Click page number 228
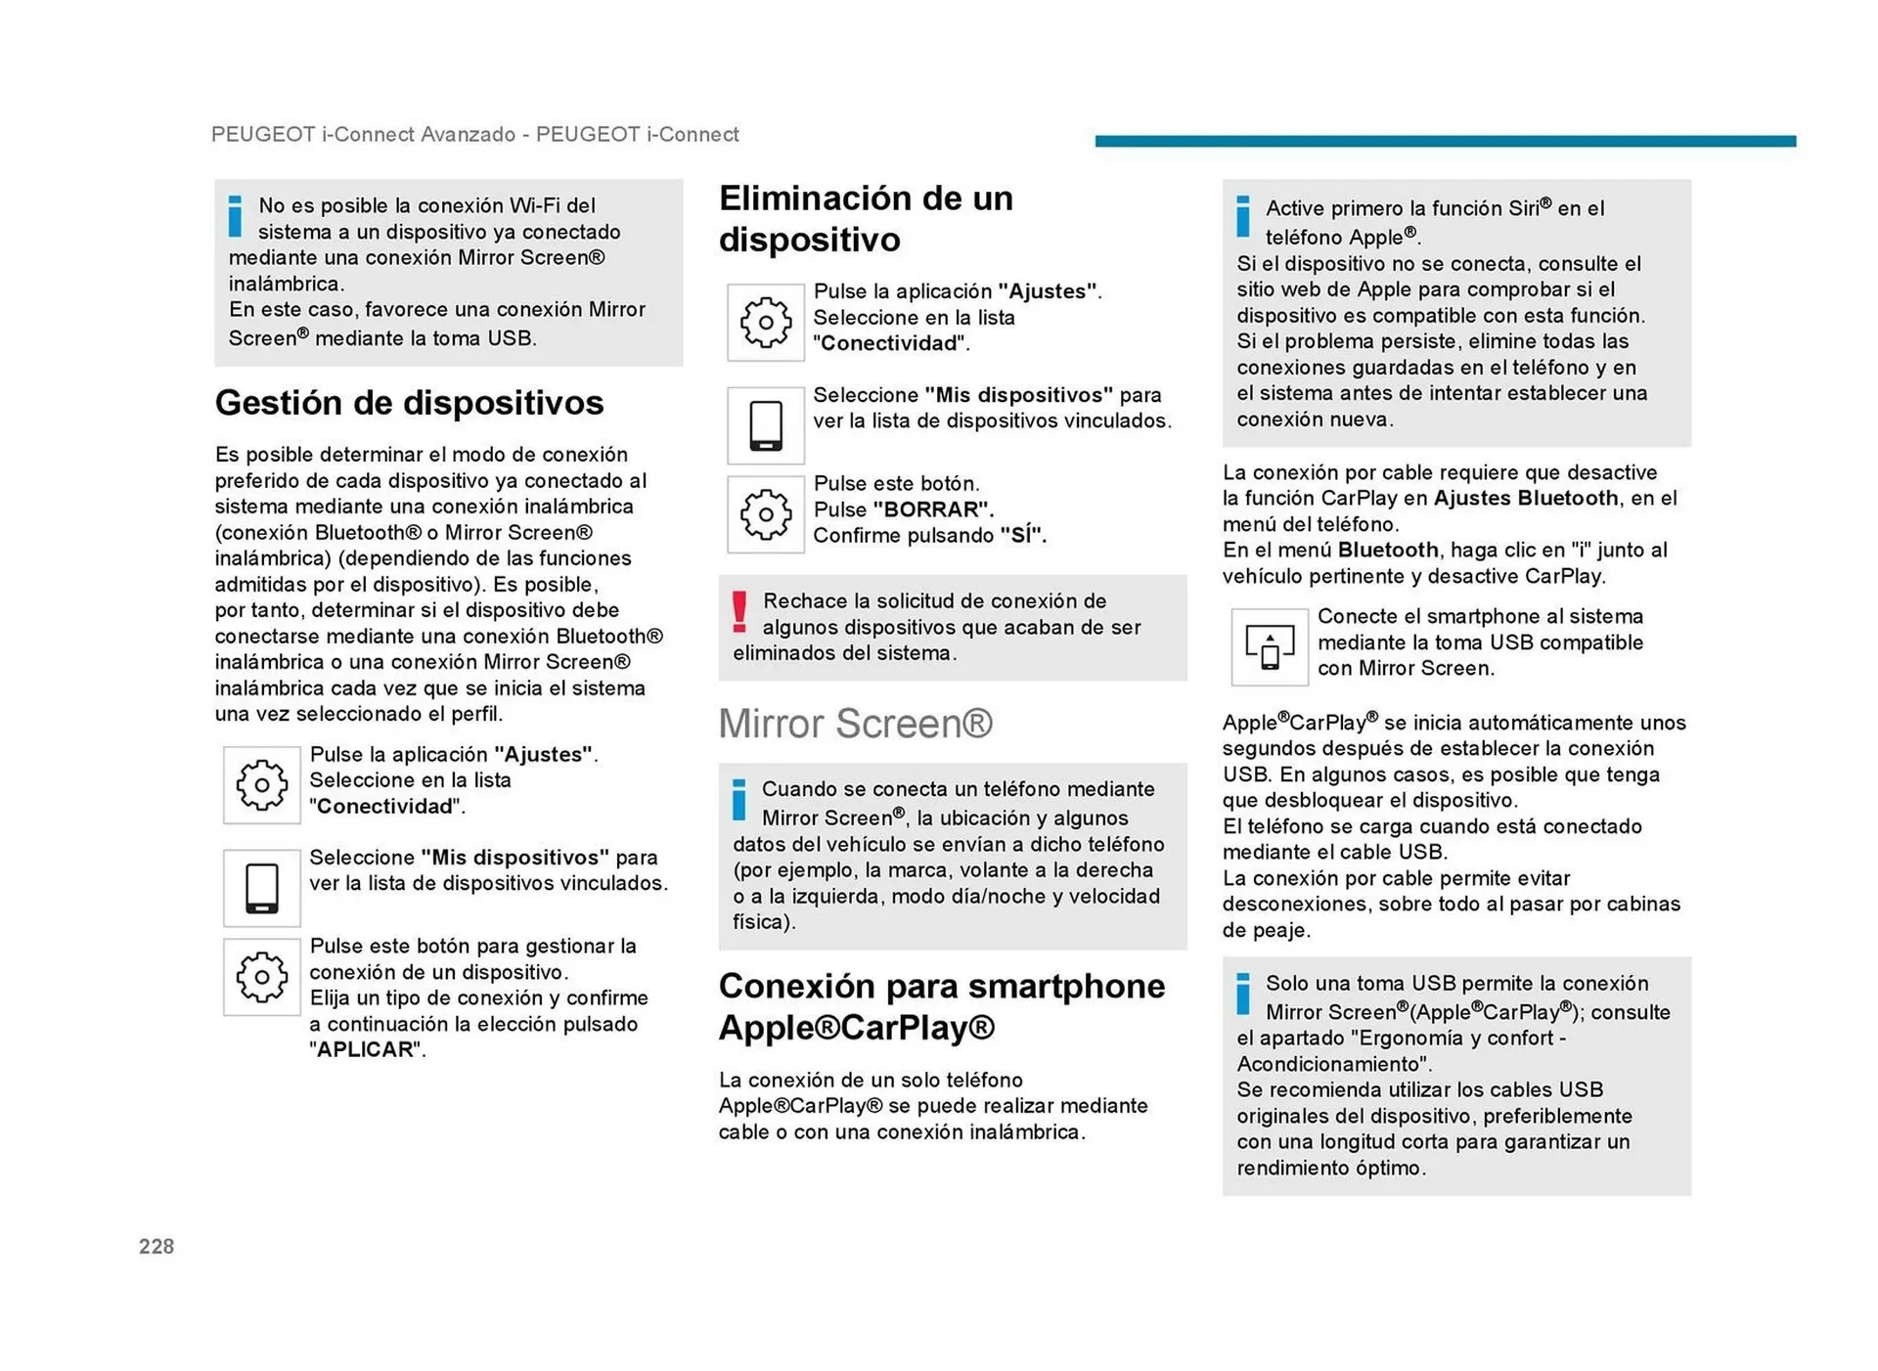click(156, 1246)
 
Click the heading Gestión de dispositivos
click(409, 403)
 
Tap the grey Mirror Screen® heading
click(855, 724)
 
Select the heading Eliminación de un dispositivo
click(865, 218)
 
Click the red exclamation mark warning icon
click(739, 612)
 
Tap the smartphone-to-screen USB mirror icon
click(1269, 646)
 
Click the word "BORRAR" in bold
click(932, 509)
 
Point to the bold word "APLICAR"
click(365, 1049)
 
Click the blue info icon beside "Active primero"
click(1242, 216)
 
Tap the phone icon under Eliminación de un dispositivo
click(765, 425)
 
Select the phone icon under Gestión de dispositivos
click(261, 888)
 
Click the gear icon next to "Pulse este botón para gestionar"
click(261, 977)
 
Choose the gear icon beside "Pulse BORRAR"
click(765, 514)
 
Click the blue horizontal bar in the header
click(1444, 141)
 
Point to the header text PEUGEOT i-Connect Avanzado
click(363, 134)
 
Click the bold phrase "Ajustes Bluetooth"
click(1525, 498)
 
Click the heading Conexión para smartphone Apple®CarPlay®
click(941, 1006)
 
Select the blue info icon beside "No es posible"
click(235, 216)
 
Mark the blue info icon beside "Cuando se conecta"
click(739, 799)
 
